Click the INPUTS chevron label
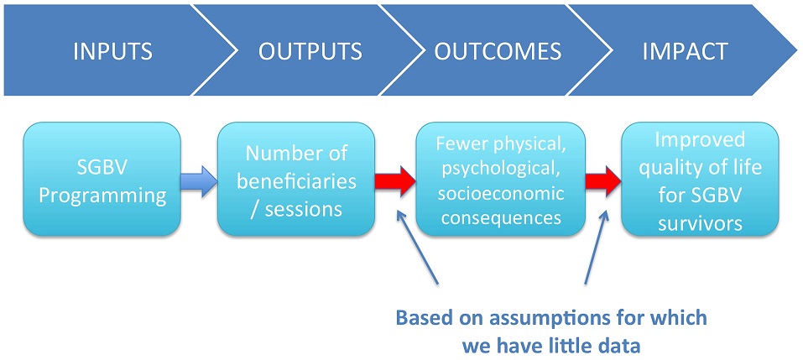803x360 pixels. point(112,52)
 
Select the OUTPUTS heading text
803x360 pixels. point(310,52)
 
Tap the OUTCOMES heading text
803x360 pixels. point(498,52)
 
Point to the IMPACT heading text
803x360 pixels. point(686,52)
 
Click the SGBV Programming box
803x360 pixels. point(102,180)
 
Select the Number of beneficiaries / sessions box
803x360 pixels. point(296,180)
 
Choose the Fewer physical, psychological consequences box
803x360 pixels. point(500,180)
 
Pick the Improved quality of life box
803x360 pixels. point(700,180)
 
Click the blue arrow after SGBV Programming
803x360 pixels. point(199,181)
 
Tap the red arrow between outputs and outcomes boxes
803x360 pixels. point(395,181)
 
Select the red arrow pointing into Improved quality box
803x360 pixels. point(603,181)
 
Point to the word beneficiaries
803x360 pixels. point(297,182)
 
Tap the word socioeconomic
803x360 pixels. point(500,194)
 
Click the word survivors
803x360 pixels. point(700,224)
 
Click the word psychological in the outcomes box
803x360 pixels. point(500,169)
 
